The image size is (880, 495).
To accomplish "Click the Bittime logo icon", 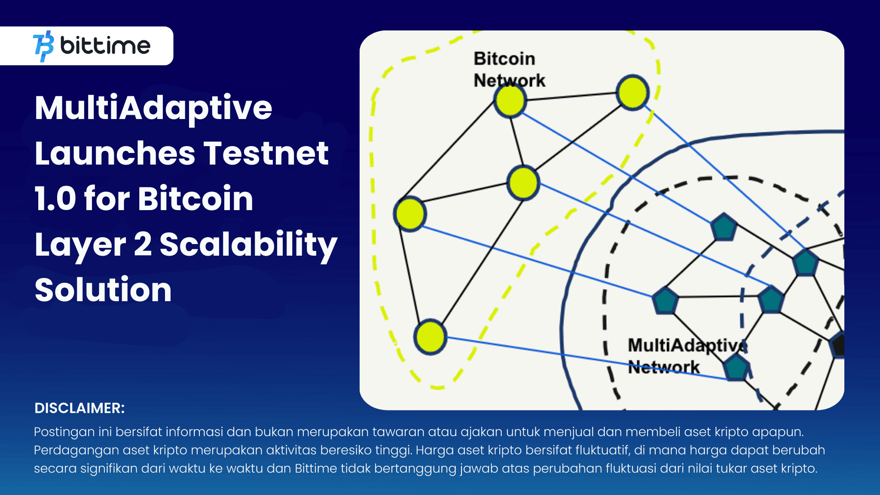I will (43, 46).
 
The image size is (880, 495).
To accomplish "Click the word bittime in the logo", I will (105, 46).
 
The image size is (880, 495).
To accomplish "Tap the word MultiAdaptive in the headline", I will (153, 108).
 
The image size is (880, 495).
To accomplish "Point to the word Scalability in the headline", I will (248, 244).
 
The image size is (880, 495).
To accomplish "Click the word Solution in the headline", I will (103, 290).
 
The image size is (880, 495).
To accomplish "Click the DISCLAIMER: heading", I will (79, 408).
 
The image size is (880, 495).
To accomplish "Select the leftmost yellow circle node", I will (410, 214).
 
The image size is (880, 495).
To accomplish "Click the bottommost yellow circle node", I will (430, 337).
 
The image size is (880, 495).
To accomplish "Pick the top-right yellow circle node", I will (632, 93).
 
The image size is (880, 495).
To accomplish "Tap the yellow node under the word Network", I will (510, 101).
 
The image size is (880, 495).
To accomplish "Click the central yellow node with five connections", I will (523, 183).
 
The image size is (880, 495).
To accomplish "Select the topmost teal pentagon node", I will (724, 228).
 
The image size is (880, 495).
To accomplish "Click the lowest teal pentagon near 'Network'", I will (736, 368).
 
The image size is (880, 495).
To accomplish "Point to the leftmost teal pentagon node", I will (665, 300).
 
